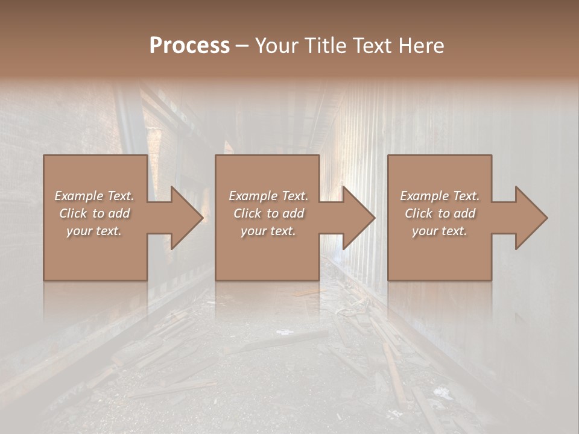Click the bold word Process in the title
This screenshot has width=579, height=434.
[189, 46]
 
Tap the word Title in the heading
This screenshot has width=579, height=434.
[326, 46]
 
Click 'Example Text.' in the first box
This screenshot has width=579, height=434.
[94, 196]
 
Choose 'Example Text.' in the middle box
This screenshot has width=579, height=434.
[268, 196]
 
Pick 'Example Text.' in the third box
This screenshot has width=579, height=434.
[440, 196]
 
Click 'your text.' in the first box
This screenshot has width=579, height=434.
[94, 231]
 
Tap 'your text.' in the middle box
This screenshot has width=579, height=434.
[268, 231]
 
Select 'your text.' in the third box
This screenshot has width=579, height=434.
[440, 231]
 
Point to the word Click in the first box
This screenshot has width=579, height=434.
[73, 213]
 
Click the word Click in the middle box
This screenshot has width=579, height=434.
[247, 213]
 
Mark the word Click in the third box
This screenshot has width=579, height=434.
[419, 213]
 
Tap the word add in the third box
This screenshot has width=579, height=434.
[464, 213]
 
